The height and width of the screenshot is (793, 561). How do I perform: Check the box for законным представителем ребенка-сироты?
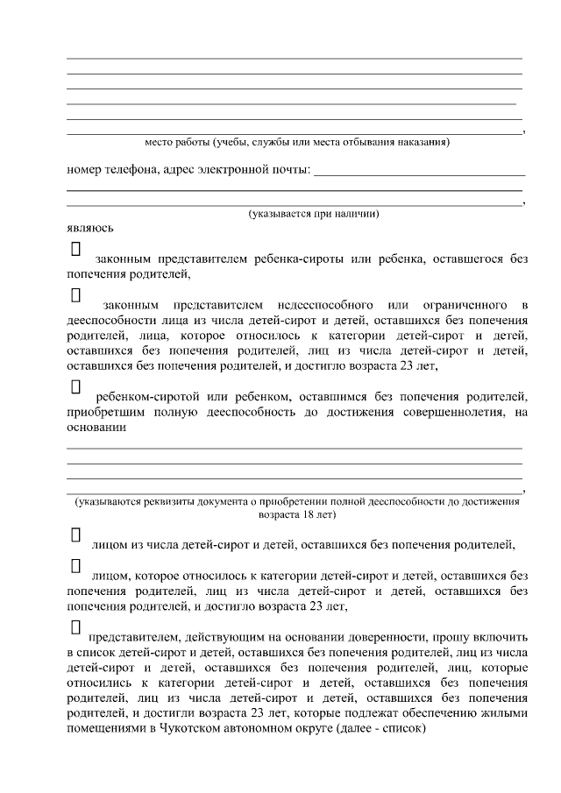75,250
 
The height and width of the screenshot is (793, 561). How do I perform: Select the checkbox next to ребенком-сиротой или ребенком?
75,386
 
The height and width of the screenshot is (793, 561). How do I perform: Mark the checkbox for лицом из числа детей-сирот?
75,535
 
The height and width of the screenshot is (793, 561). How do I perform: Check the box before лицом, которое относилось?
75,567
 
